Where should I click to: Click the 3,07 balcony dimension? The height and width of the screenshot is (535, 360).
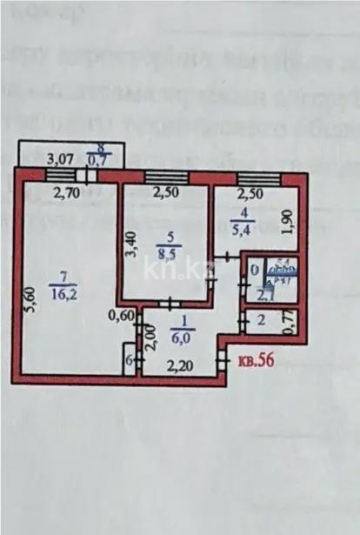61,159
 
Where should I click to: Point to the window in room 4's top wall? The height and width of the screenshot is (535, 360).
265,178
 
